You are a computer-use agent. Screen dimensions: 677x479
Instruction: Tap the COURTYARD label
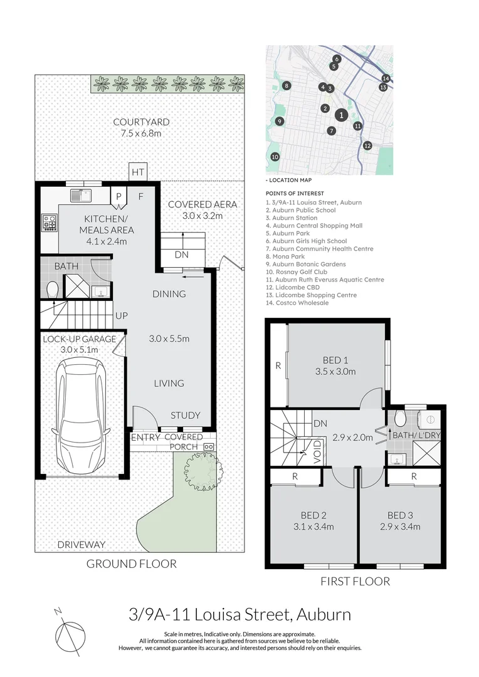click(140, 122)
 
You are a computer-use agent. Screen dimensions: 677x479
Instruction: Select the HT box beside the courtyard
click(137, 171)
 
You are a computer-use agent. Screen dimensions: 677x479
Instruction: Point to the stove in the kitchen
click(50, 222)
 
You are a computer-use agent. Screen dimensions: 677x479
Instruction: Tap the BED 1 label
click(335, 360)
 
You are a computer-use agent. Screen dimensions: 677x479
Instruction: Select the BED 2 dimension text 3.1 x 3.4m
click(313, 527)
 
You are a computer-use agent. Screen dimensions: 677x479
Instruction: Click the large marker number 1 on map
click(340, 115)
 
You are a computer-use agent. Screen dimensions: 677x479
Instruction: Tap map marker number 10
click(275, 157)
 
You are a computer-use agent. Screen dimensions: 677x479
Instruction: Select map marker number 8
click(287, 86)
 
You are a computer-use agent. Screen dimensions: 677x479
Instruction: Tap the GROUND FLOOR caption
click(131, 564)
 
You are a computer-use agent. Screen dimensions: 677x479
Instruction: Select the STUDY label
click(186, 415)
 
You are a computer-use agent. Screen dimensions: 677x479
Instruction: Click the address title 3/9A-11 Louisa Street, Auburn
click(239, 614)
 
